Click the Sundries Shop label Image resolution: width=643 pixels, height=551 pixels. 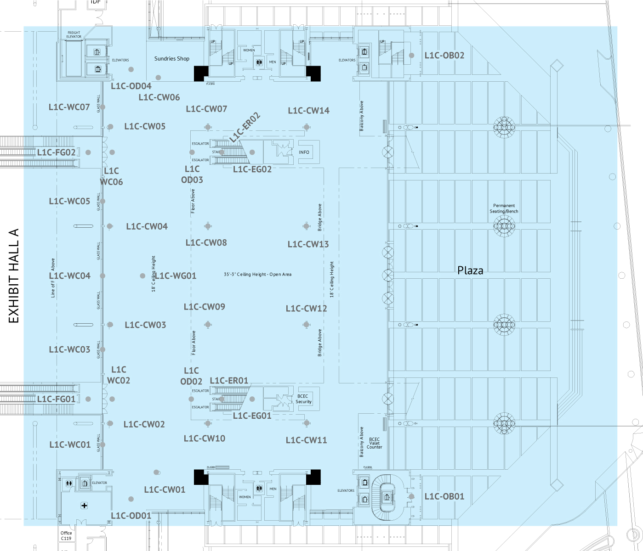[171, 59]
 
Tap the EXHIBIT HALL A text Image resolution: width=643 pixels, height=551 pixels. [14, 276]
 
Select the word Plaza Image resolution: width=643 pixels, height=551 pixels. [470, 270]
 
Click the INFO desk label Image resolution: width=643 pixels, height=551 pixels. [304, 152]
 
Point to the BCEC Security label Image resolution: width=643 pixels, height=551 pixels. [303, 399]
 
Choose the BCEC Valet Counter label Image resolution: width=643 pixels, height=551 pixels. [374, 443]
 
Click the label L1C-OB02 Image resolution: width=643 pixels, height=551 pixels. [444, 56]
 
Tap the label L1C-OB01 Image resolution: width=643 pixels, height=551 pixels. [444, 496]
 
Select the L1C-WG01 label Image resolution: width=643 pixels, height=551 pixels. [176, 276]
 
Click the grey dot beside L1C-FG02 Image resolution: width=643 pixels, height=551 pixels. [88, 152]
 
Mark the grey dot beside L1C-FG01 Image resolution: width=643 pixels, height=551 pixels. [88, 399]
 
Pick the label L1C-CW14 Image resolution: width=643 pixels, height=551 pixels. [308, 111]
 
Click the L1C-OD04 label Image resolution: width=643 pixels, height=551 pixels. [131, 86]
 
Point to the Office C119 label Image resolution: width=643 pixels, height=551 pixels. [66, 536]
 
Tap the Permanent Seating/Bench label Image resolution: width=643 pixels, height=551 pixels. [504, 208]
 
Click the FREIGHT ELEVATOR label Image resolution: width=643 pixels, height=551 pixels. [74, 34]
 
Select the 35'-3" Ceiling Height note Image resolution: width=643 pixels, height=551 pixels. [257, 275]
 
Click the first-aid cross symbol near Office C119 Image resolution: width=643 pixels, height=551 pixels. [84, 506]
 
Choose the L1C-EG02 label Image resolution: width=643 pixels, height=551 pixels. [252, 169]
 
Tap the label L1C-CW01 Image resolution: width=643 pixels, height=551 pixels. [165, 490]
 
